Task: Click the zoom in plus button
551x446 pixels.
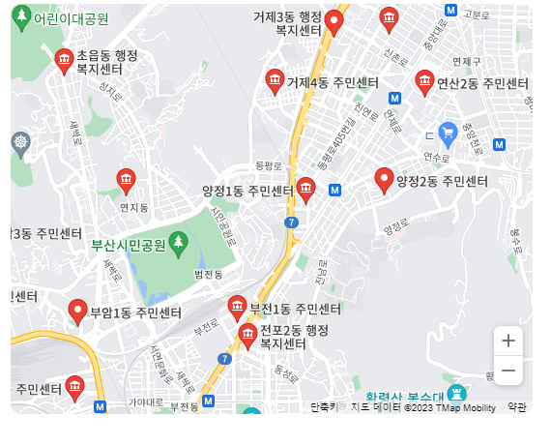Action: click(x=508, y=341)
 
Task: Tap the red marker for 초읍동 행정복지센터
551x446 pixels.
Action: click(x=64, y=61)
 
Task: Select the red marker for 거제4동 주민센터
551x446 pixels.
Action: click(x=275, y=81)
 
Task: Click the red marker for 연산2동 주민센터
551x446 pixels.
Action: click(x=424, y=82)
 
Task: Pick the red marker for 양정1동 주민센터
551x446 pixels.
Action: click(x=306, y=189)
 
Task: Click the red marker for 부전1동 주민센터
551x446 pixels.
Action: click(x=238, y=308)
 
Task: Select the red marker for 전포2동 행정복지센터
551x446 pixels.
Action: click(x=247, y=336)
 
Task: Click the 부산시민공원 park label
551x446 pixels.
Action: click(x=129, y=244)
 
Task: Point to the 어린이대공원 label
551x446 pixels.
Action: click(x=71, y=18)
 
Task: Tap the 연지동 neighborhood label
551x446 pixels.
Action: click(x=133, y=207)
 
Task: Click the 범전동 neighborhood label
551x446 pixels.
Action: click(x=208, y=275)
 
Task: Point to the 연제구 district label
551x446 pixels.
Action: click(x=467, y=61)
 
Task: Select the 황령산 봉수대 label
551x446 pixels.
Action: click(x=405, y=397)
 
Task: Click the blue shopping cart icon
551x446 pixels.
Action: click(x=448, y=132)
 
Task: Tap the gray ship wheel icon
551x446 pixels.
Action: click(x=21, y=144)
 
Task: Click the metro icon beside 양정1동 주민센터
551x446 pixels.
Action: click(x=334, y=191)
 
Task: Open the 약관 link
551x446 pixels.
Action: click(x=517, y=407)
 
